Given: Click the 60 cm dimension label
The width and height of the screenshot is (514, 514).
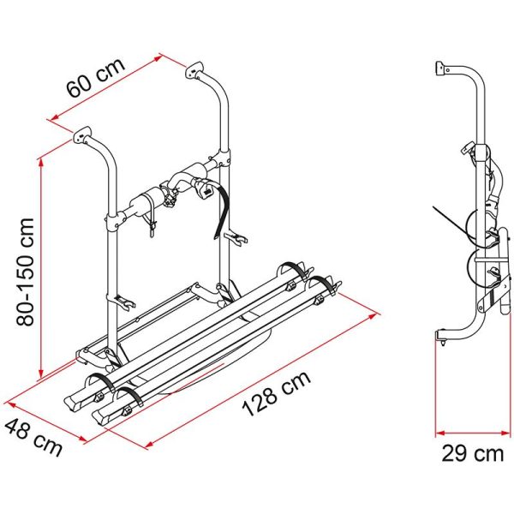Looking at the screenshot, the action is click(96, 78).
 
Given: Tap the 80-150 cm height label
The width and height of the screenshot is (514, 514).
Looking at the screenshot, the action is click(25, 272).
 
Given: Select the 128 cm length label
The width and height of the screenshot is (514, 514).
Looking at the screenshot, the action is click(276, 394).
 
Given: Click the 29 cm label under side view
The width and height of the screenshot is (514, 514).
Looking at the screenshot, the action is click(472, 454).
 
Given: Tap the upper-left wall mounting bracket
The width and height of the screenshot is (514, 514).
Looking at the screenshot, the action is click(81, 134).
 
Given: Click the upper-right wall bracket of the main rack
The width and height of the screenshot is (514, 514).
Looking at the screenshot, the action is click(194, 70).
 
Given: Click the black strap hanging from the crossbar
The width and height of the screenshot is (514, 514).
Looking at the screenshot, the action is click(221, 210).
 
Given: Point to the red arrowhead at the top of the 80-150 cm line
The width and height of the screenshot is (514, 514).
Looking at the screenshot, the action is click(41, 164).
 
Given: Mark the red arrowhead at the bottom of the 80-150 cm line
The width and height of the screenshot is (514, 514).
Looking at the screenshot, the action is click(41, 374).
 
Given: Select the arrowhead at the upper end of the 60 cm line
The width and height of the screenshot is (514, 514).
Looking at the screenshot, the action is click(158, 58).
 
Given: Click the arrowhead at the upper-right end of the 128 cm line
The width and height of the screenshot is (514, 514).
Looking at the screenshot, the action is click(373, 316).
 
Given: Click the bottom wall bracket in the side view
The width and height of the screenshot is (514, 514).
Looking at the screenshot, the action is click(442, 337).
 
